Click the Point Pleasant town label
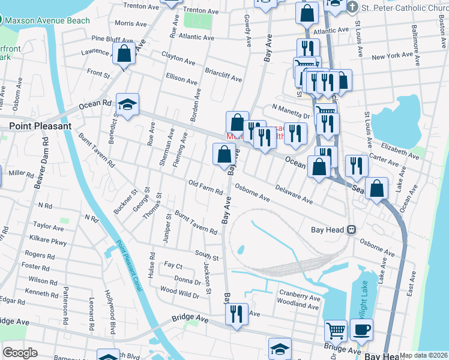click(x=40, y=126)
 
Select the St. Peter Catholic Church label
click(x=404, y=8)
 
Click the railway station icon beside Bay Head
click(x=352, y=229)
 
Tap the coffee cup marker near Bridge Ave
click(x=361, y=329)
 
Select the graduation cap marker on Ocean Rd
click(x=127, y=105)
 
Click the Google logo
click(x=20, y=352)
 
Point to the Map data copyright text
click(x=424, y=355)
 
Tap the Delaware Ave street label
click(x=294, y=193)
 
